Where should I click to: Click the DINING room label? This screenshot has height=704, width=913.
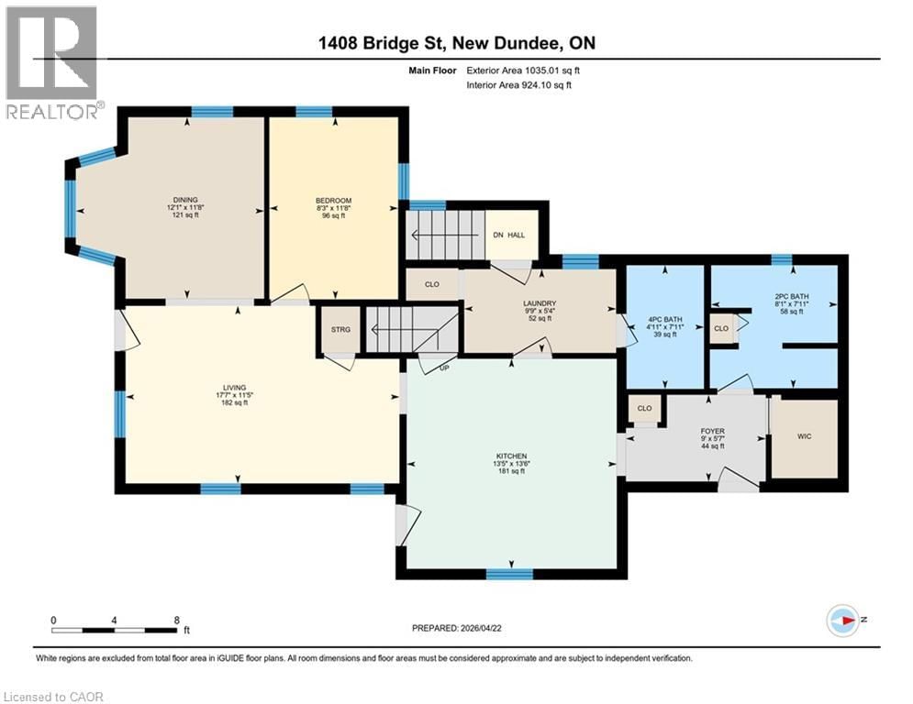pos(186,200)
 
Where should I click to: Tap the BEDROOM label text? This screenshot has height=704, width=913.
pos(333,200)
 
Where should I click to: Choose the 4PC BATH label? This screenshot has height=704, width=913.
pos(663,319)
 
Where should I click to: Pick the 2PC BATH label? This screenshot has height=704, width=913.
pos(789,296)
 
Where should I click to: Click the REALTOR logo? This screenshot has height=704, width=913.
pos(52,62)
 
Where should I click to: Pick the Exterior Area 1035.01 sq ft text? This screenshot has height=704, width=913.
pos(523,70)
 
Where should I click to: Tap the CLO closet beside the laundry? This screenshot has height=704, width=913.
pos(432,284)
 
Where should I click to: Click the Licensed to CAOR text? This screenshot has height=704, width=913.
pos(53,697)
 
